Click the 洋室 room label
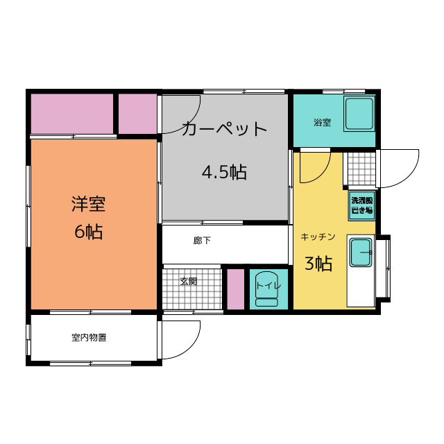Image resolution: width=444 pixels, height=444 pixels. [88, 204]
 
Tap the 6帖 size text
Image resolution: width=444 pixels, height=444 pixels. [88, 232]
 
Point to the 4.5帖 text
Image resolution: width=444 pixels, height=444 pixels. [224, 172]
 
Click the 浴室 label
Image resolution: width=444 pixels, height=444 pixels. [322, 123]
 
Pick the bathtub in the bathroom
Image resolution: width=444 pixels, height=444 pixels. [359, 114]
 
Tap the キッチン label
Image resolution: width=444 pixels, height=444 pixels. [318, 237]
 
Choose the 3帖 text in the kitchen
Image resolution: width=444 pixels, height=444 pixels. [318, 264]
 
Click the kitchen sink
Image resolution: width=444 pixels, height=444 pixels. [360, 252]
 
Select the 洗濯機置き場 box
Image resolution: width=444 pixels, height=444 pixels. [361, 205]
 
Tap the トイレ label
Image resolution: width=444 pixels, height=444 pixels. [268, 284]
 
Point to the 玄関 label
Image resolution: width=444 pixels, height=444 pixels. [188, 282]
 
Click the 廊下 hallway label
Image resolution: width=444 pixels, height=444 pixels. [202, 241]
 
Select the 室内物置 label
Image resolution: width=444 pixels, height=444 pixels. [89, 338]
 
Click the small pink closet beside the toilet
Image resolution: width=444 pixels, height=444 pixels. [235, 288]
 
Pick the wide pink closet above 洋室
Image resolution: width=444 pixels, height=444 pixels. [72, 114]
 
